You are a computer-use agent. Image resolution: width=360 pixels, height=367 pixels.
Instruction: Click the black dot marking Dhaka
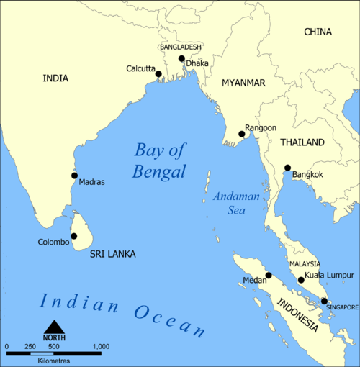(181, 59)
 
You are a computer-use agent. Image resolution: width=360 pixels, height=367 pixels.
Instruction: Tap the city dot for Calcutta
(158, 73)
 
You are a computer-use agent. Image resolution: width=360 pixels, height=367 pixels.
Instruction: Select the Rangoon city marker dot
(240, 132)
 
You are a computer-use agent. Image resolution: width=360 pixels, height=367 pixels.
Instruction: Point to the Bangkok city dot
(287, 168)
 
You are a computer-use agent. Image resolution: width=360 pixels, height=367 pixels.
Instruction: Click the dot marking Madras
(74, 175)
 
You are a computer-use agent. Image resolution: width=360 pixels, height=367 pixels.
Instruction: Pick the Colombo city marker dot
(73, 236)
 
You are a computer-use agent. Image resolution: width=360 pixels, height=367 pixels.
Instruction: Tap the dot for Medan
(269, 275)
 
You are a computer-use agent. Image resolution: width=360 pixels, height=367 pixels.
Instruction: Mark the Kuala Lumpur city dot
(301, 280)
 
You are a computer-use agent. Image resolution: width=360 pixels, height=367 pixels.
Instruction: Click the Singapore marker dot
(324, 301)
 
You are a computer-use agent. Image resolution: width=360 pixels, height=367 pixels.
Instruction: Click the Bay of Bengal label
(160, 160)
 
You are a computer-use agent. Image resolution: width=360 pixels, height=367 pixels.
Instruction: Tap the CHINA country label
(318, 32)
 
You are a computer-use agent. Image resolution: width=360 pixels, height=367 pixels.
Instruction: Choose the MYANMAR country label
(243, 83)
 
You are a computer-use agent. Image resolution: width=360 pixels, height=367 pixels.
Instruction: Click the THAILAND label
(302, 142)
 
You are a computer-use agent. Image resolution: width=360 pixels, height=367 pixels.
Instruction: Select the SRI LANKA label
(112, 254)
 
